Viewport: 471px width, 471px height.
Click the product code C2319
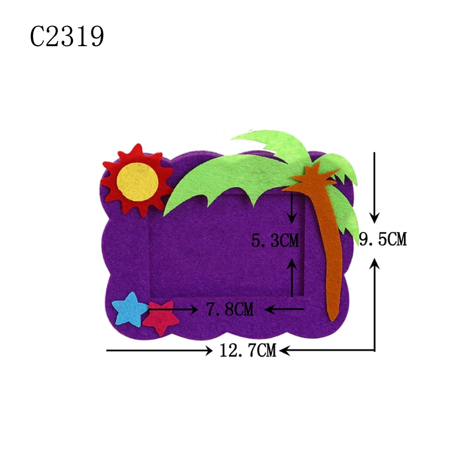pyautogui.click(x=67, y=36)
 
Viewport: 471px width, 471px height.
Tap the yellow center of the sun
pyautogui.click(x=137, y=182)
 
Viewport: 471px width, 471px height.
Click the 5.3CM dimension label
pyautogui.click(x=275, y=241)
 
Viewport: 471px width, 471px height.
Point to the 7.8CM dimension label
pyautogui.click(x=230, y=309)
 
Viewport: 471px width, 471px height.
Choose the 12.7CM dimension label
pyautogui.click(x=248, y=350)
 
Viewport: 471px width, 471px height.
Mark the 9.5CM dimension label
pyautogui.click(x=383, y=239)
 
